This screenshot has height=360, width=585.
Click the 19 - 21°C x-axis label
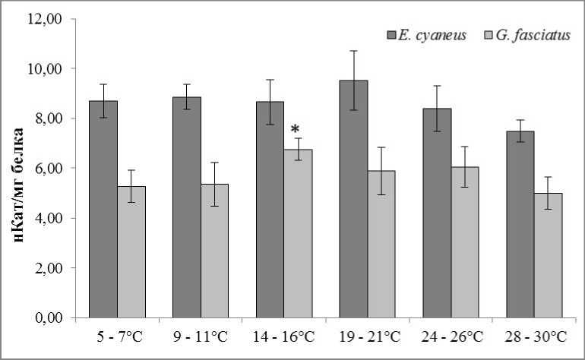click(x=367, y=336)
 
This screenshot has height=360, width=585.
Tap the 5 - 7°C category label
click(x=118, y=336)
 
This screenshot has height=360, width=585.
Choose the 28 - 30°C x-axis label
click(x=533, y=336)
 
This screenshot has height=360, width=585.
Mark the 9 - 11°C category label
click(x=201, y=336)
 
